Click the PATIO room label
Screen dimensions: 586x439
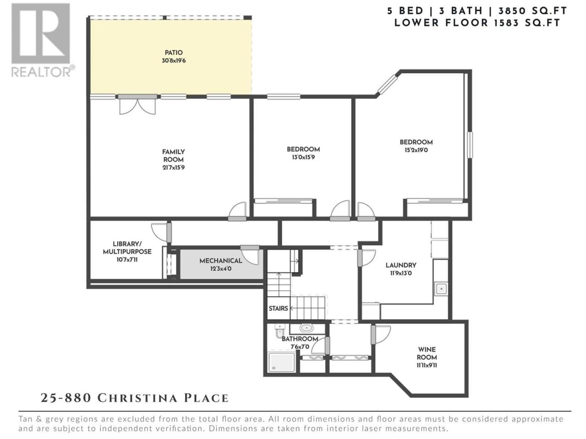174,53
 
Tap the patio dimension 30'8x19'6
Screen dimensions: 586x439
174,61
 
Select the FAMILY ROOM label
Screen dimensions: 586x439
174,155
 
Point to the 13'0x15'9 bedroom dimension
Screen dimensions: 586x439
303,157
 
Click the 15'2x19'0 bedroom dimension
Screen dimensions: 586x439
416,150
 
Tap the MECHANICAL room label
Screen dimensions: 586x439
221,261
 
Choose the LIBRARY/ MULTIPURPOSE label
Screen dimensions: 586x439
127,248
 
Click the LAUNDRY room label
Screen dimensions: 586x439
401,265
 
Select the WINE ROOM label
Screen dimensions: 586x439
427,353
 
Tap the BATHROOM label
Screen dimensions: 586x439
300,339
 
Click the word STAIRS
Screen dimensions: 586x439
278,308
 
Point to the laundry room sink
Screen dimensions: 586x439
441,289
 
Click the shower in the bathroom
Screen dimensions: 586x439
281,362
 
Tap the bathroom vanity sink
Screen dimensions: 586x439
307,328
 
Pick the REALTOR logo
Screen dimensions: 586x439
43,40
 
